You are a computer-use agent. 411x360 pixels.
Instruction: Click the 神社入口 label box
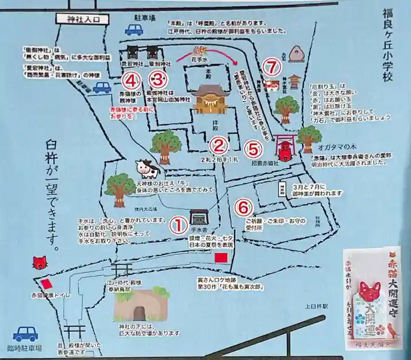(x=84, y=18)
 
